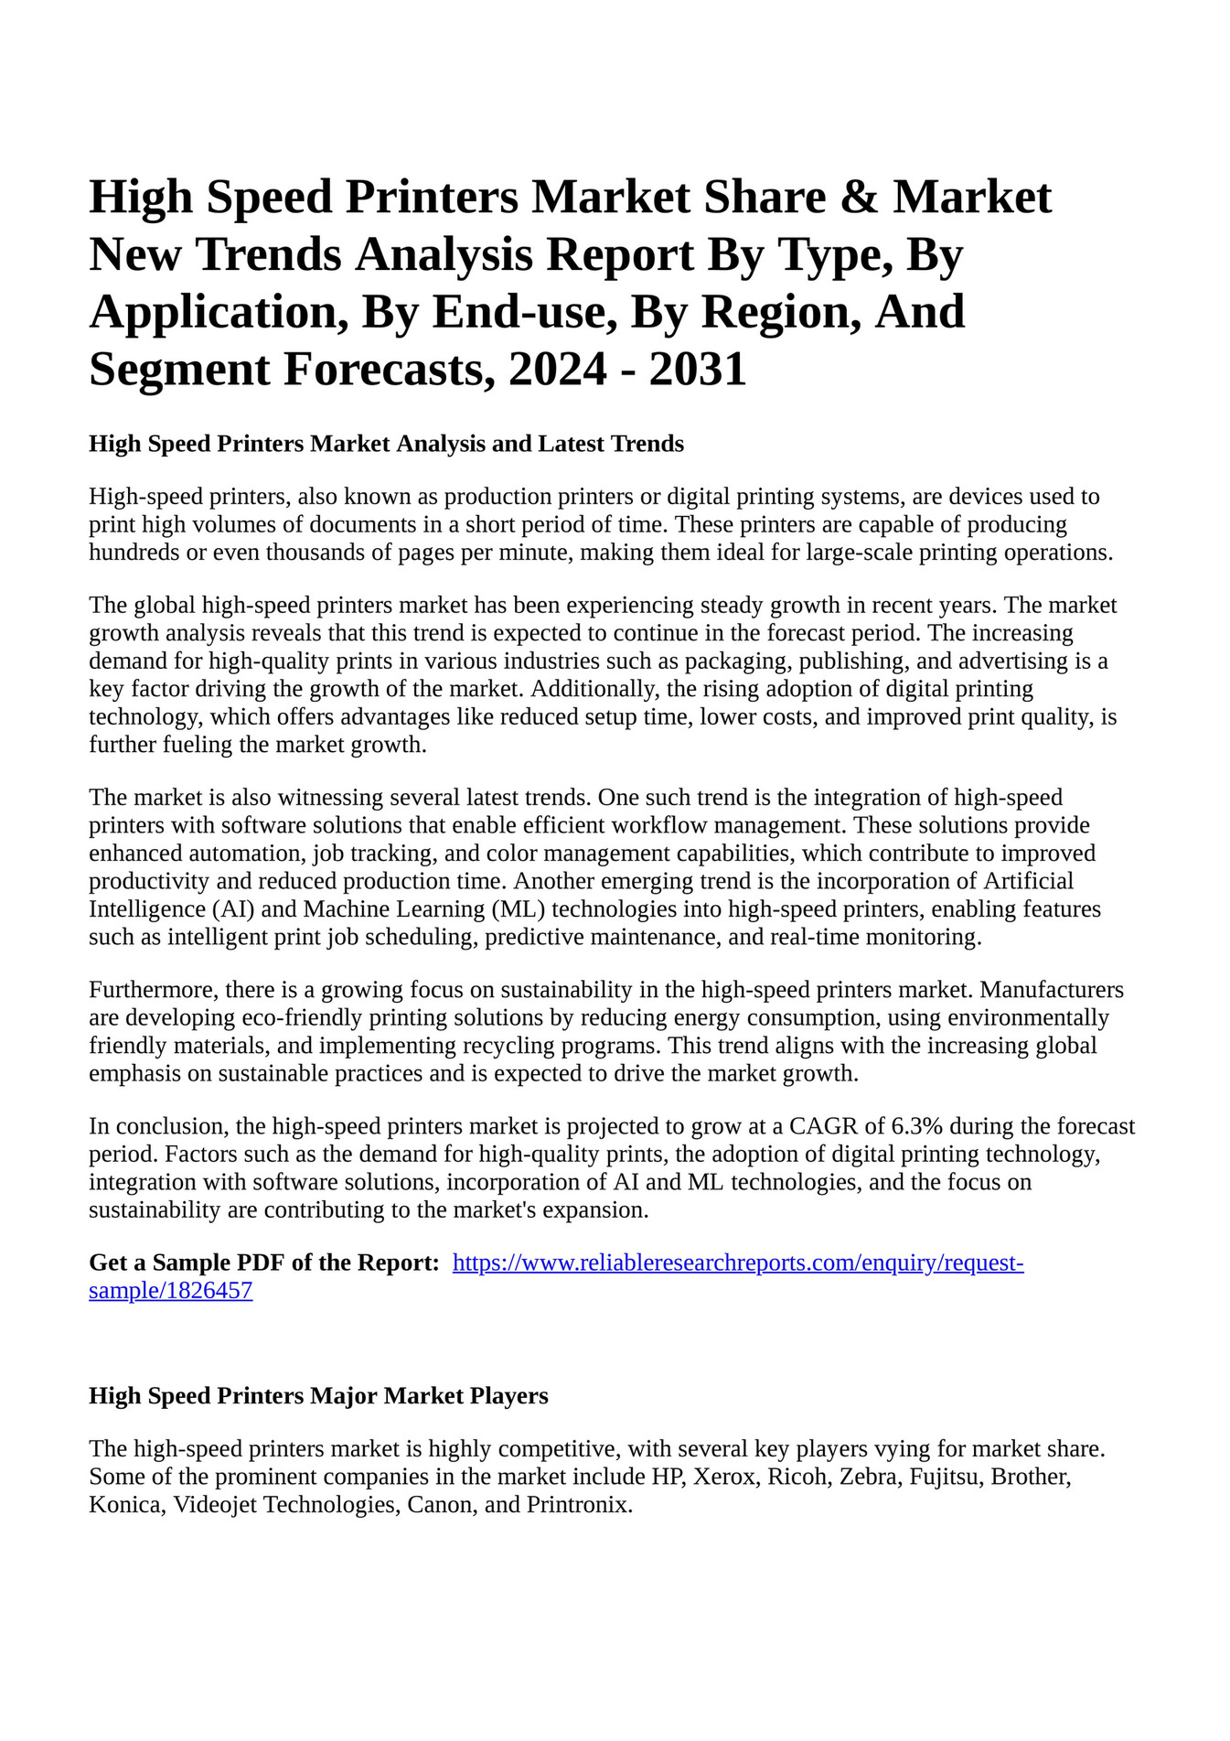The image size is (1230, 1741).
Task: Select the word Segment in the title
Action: click(179, 370)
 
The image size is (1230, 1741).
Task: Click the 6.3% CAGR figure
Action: click(916, 1126)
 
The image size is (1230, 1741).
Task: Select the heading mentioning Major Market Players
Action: click(318, 1396)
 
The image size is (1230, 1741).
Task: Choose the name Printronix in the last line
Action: click(580, 1505)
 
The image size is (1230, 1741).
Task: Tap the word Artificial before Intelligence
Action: click(1028, 881)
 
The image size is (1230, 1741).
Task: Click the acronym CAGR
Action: click(823, 1126)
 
